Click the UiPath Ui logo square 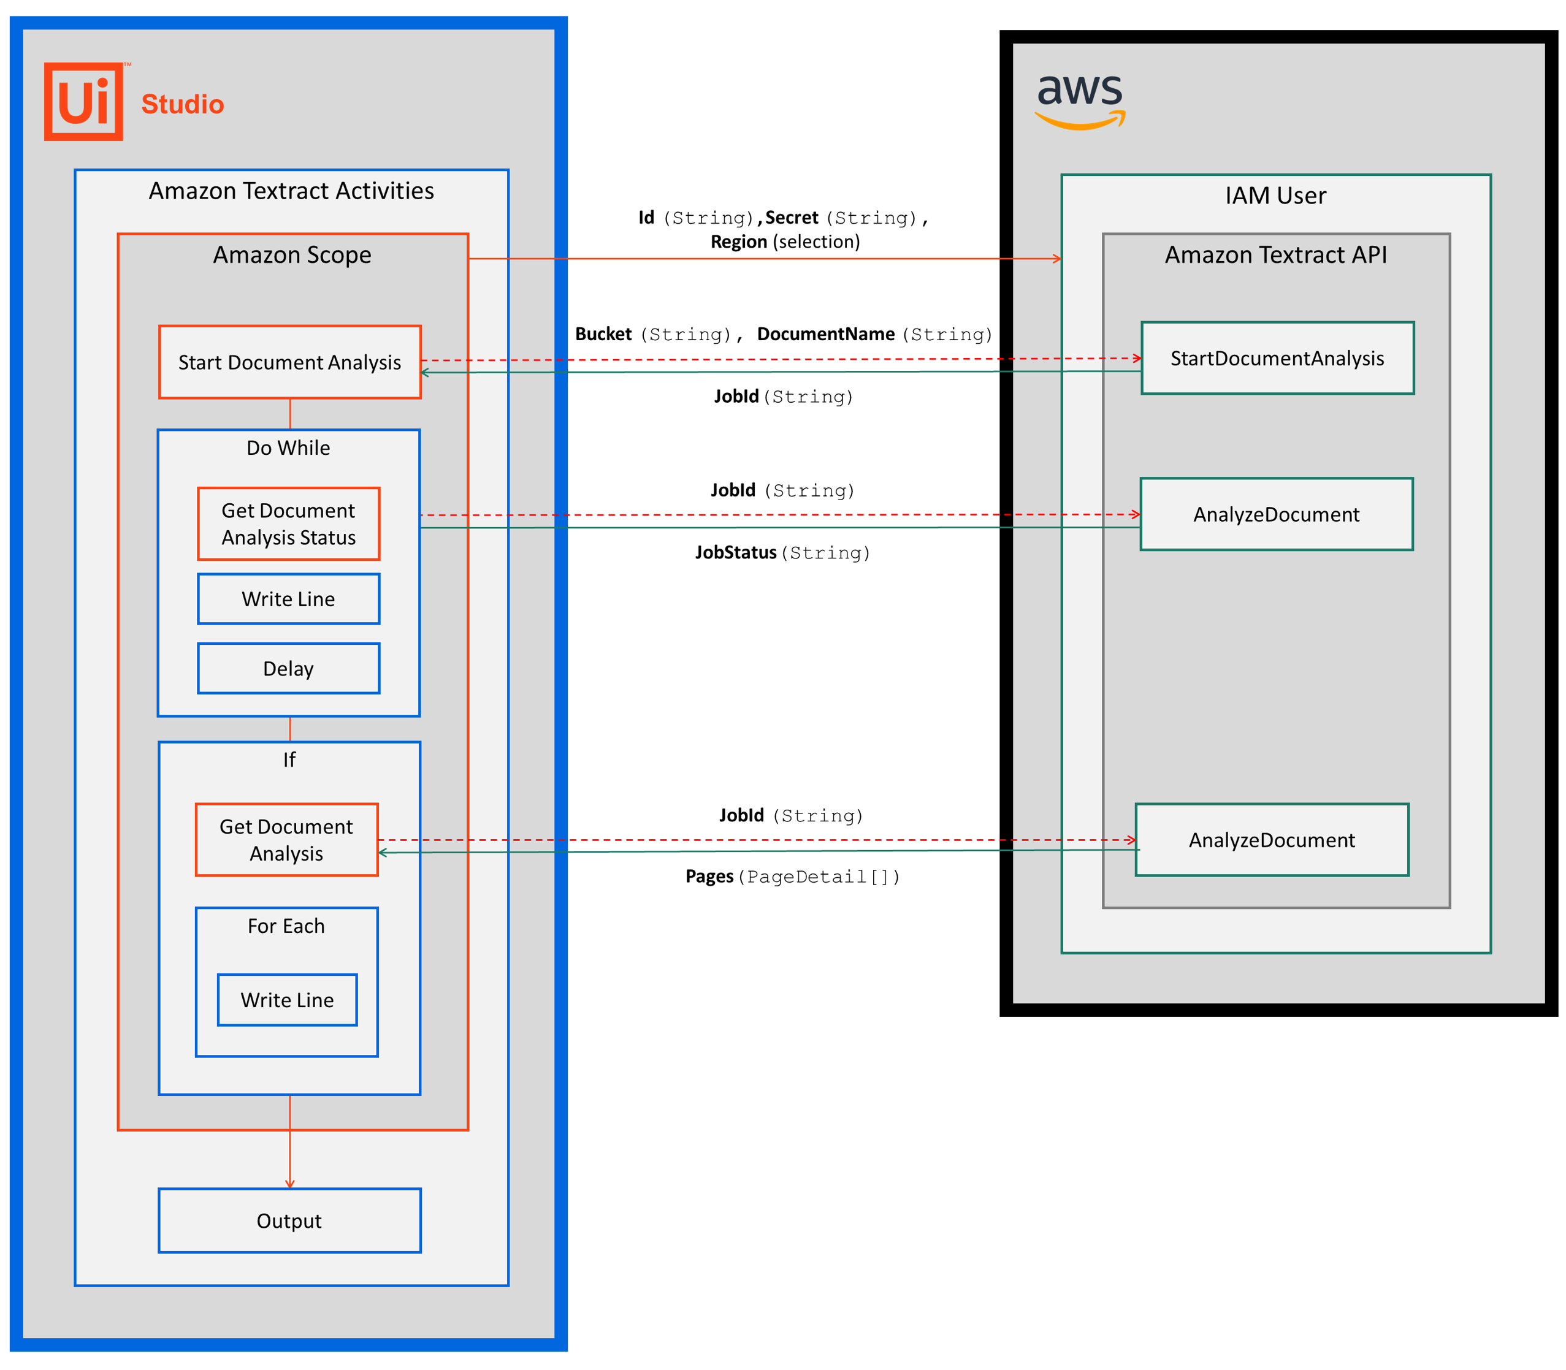point(83,102)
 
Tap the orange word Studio point(182,104)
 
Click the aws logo point(1079,100)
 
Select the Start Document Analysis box point(290,362)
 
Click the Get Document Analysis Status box point(288,523)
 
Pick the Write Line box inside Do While point(288,599)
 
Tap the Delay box point(288,668)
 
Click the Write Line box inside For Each point(287,1000)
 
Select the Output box point(289,1220)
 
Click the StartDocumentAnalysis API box point(1277,358)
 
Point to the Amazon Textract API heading point(1275,254)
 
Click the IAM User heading point(1275,196)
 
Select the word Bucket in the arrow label point(603,334)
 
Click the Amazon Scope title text point(292,254)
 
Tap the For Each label point(286,926)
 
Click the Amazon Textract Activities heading point(291,191)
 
